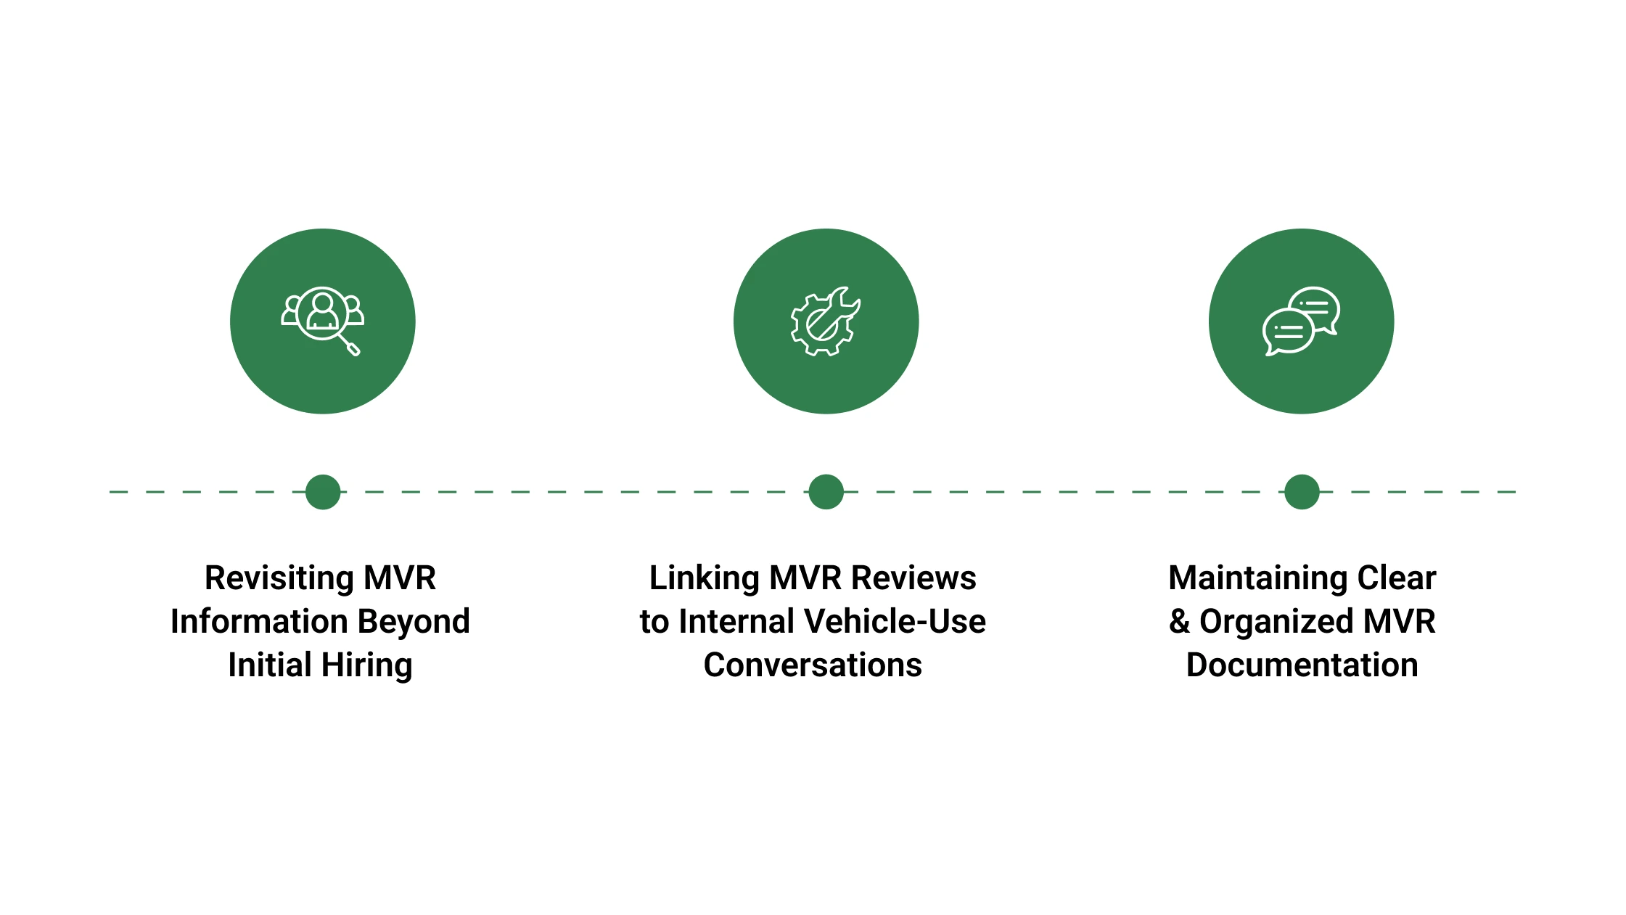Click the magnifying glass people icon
[x=322, y=320]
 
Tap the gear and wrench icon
[x=825, y=321]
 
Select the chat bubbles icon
[x=1301, y=321]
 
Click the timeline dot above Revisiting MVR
[x=323, y=492]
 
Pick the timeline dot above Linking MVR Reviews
[x=826, y=492]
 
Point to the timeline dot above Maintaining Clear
[x=1302, y=492]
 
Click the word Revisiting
[x=279, y=578]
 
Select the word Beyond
[x=414, y=622]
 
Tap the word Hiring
[x=366, y=665]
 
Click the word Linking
[x=704, y=578]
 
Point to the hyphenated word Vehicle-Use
[x=895, y=622]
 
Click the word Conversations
[x=813, y=665]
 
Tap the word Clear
[x=1397, y=578]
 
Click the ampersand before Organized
[x=1180, y=622]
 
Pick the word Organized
[x=1276, y=622]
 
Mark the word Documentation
[x=1302, y=665]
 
